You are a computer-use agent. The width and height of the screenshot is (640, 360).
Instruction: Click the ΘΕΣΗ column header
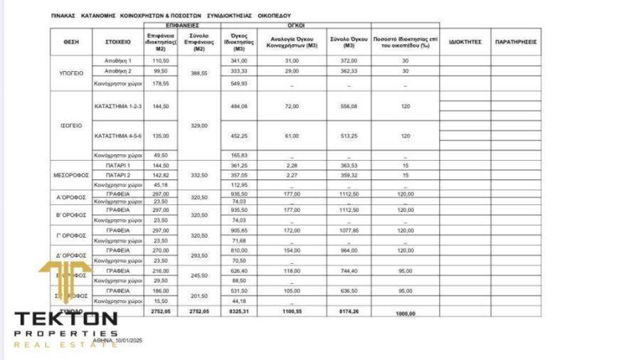pos(71,42)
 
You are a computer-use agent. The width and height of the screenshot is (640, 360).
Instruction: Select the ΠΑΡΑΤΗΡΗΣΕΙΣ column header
pos(516,42)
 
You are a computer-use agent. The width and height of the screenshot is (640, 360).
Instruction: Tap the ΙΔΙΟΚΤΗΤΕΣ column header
pos(465,42)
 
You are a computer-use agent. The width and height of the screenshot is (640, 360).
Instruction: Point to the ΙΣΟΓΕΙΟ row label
pos(71,126)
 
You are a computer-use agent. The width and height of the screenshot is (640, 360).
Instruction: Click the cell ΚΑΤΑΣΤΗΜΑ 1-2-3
pos(118,106)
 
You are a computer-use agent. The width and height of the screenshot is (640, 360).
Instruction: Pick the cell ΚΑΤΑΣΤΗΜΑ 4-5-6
pos(118,135)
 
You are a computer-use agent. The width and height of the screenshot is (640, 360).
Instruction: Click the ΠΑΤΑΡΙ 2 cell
pos(118,175)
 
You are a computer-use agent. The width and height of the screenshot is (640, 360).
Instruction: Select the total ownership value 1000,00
pos(405,313)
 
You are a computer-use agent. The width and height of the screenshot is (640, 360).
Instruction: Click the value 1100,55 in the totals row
pos(292,311)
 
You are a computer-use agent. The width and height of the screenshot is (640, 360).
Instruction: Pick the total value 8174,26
pos(348,311)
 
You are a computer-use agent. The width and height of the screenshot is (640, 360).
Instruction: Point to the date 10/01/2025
pos(129,341)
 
